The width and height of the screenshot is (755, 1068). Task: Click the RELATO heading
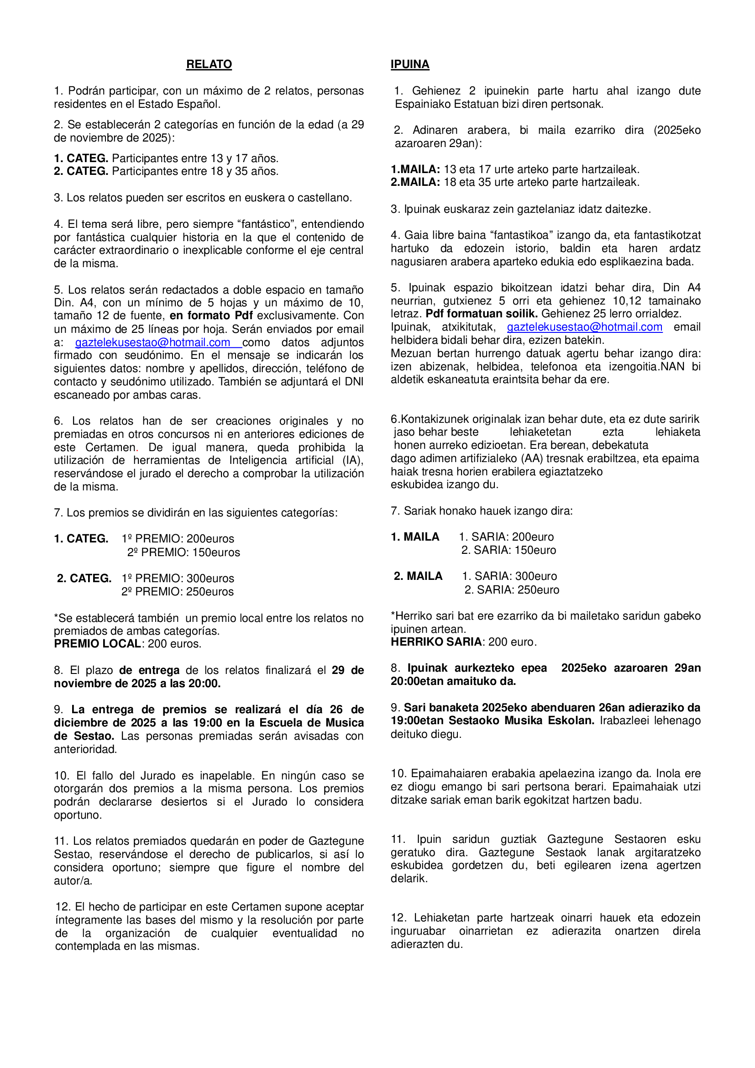[209, 64]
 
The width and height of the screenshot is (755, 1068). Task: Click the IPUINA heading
[409, 64]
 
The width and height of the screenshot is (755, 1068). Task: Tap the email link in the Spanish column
[152, 342]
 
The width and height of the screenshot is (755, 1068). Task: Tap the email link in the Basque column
[584, 327]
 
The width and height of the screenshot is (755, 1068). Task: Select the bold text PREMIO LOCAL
[98, 644]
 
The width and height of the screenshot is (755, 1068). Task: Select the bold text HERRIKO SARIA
[436, 642]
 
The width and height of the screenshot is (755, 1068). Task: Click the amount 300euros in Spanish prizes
[210, 578]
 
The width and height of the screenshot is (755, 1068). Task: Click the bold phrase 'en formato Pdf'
[211, 316]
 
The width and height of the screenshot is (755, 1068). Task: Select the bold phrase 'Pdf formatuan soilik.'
[482, 314]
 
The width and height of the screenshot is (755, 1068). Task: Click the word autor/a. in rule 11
[73, 880]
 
